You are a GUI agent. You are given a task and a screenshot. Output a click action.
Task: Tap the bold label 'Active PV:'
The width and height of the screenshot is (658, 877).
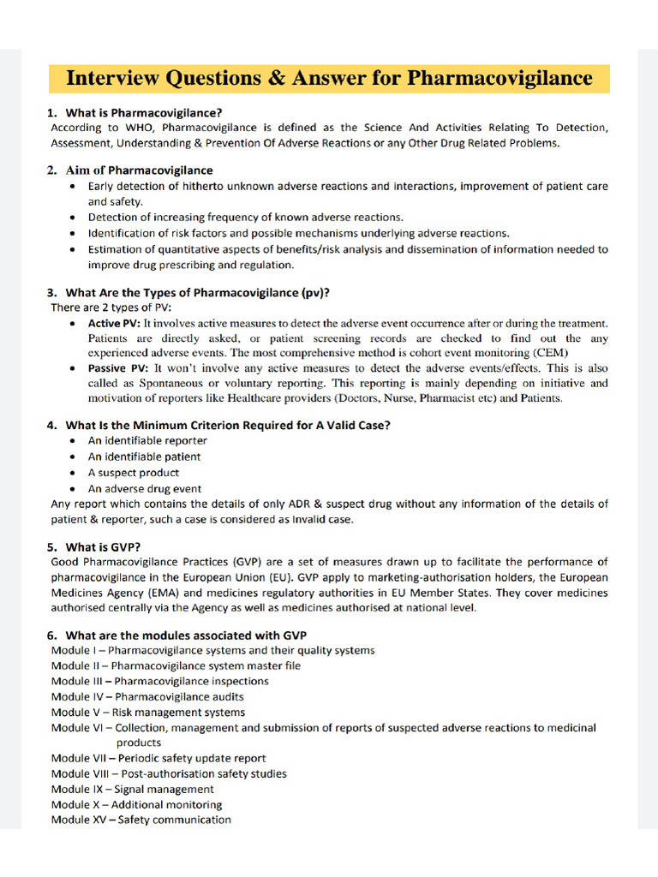[114, 324]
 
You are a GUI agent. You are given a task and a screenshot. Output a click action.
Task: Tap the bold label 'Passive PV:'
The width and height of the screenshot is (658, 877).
[118, 367]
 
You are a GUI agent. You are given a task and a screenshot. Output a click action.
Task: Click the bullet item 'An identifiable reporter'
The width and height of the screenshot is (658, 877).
[147, 441]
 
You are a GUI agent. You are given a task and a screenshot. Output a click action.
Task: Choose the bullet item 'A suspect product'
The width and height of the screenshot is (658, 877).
[134, 472]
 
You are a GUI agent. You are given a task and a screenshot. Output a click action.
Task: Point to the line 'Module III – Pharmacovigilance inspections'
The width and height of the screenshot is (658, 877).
[159, 682]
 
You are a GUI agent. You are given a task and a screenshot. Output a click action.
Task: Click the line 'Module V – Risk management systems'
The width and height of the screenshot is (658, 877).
[147, 713]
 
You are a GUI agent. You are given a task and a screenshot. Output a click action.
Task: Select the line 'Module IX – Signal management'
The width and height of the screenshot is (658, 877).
[132, 790]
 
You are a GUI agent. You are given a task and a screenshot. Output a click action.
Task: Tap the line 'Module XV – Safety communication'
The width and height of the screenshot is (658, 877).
[141, 820]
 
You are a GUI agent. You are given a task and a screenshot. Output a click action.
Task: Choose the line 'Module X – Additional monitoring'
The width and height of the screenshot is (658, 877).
[136, 805]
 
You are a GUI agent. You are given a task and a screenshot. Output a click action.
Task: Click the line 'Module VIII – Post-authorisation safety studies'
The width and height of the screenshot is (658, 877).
[169, 774]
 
